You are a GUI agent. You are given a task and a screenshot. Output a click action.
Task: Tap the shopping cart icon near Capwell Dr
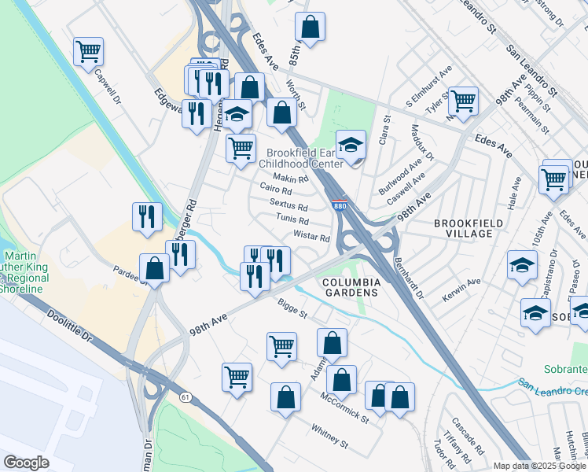click(89, 52)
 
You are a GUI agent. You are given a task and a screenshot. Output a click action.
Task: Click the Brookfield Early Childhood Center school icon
click(351, 145)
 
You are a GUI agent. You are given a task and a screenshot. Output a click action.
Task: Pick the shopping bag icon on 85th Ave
click(311, 27)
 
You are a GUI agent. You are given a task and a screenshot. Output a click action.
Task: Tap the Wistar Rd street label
click(312, 236)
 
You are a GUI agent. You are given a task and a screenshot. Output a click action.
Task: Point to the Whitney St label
click(329, 437)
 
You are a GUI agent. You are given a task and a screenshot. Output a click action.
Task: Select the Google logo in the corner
click(26, 463)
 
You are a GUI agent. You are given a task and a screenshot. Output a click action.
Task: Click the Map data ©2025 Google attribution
click(540, 466)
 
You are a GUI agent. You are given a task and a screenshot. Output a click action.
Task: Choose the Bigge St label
click(292, 308)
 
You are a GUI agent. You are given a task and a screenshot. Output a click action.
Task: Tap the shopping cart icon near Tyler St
click(463, 101)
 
